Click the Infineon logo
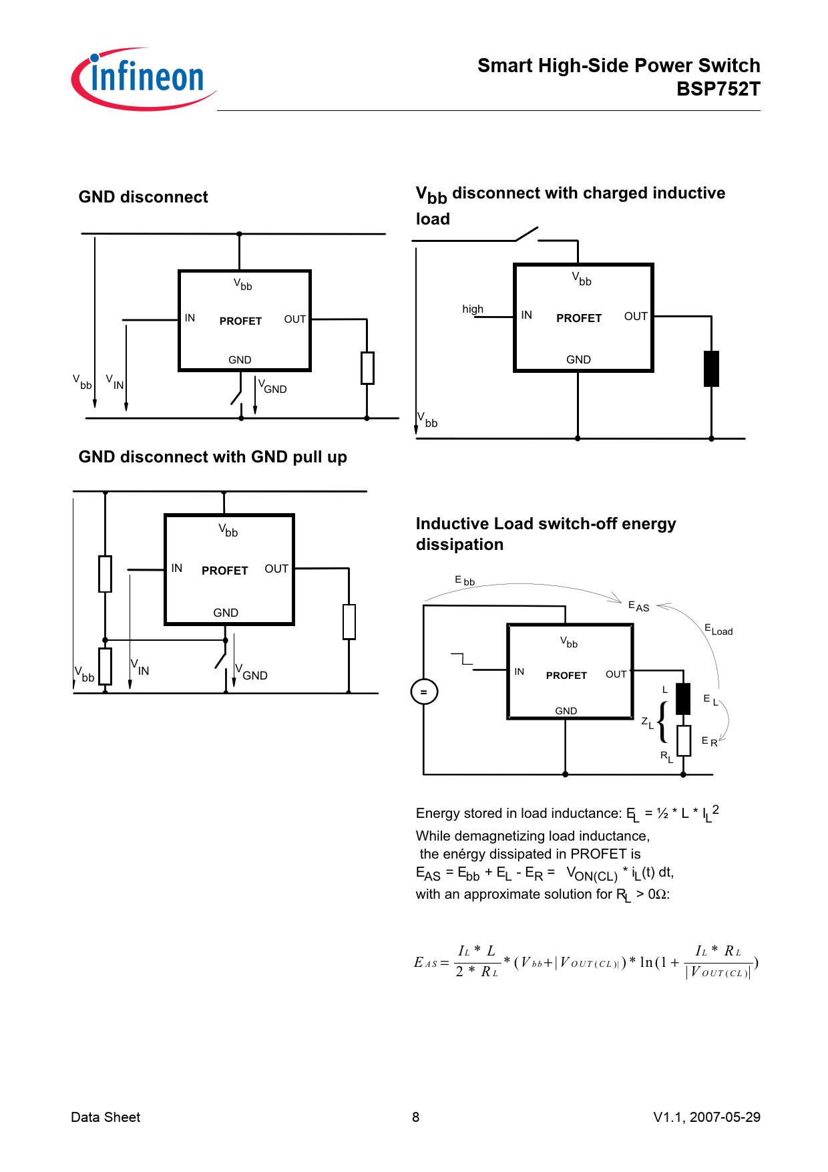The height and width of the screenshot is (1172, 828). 144,79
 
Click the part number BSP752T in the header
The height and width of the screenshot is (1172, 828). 718,89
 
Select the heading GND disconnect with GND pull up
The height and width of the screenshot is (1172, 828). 212,457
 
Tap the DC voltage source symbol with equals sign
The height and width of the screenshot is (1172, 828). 424,692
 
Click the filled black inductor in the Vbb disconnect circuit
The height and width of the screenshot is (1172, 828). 711,368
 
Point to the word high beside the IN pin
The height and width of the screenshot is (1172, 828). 473,309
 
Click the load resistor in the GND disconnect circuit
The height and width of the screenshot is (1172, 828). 367,368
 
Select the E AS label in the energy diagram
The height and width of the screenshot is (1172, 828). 638,606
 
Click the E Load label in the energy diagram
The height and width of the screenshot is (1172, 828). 718,629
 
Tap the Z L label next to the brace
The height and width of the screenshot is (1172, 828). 647,722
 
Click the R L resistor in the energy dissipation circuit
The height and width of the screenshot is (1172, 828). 683,740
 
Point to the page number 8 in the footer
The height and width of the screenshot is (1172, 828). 415,1117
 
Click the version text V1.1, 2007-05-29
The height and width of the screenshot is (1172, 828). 706,1117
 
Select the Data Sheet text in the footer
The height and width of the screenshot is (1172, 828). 106,1117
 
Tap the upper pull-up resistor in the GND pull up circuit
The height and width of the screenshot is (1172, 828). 105,573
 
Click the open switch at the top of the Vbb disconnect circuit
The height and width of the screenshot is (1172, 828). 526,234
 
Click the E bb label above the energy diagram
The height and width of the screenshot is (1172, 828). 465,581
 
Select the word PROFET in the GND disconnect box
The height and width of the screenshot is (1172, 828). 240,321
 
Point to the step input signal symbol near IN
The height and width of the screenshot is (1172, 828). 462,659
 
